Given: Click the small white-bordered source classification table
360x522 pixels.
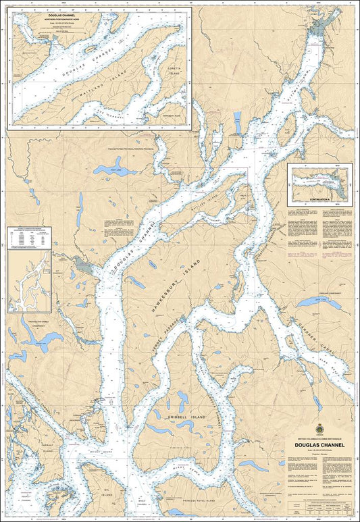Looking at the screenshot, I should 28,238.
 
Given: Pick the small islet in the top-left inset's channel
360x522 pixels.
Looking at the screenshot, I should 88,49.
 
